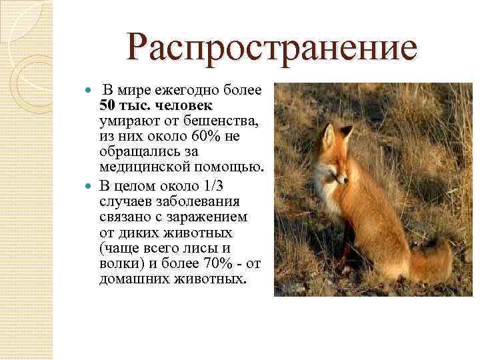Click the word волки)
[119, 263]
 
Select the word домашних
[129, 279]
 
